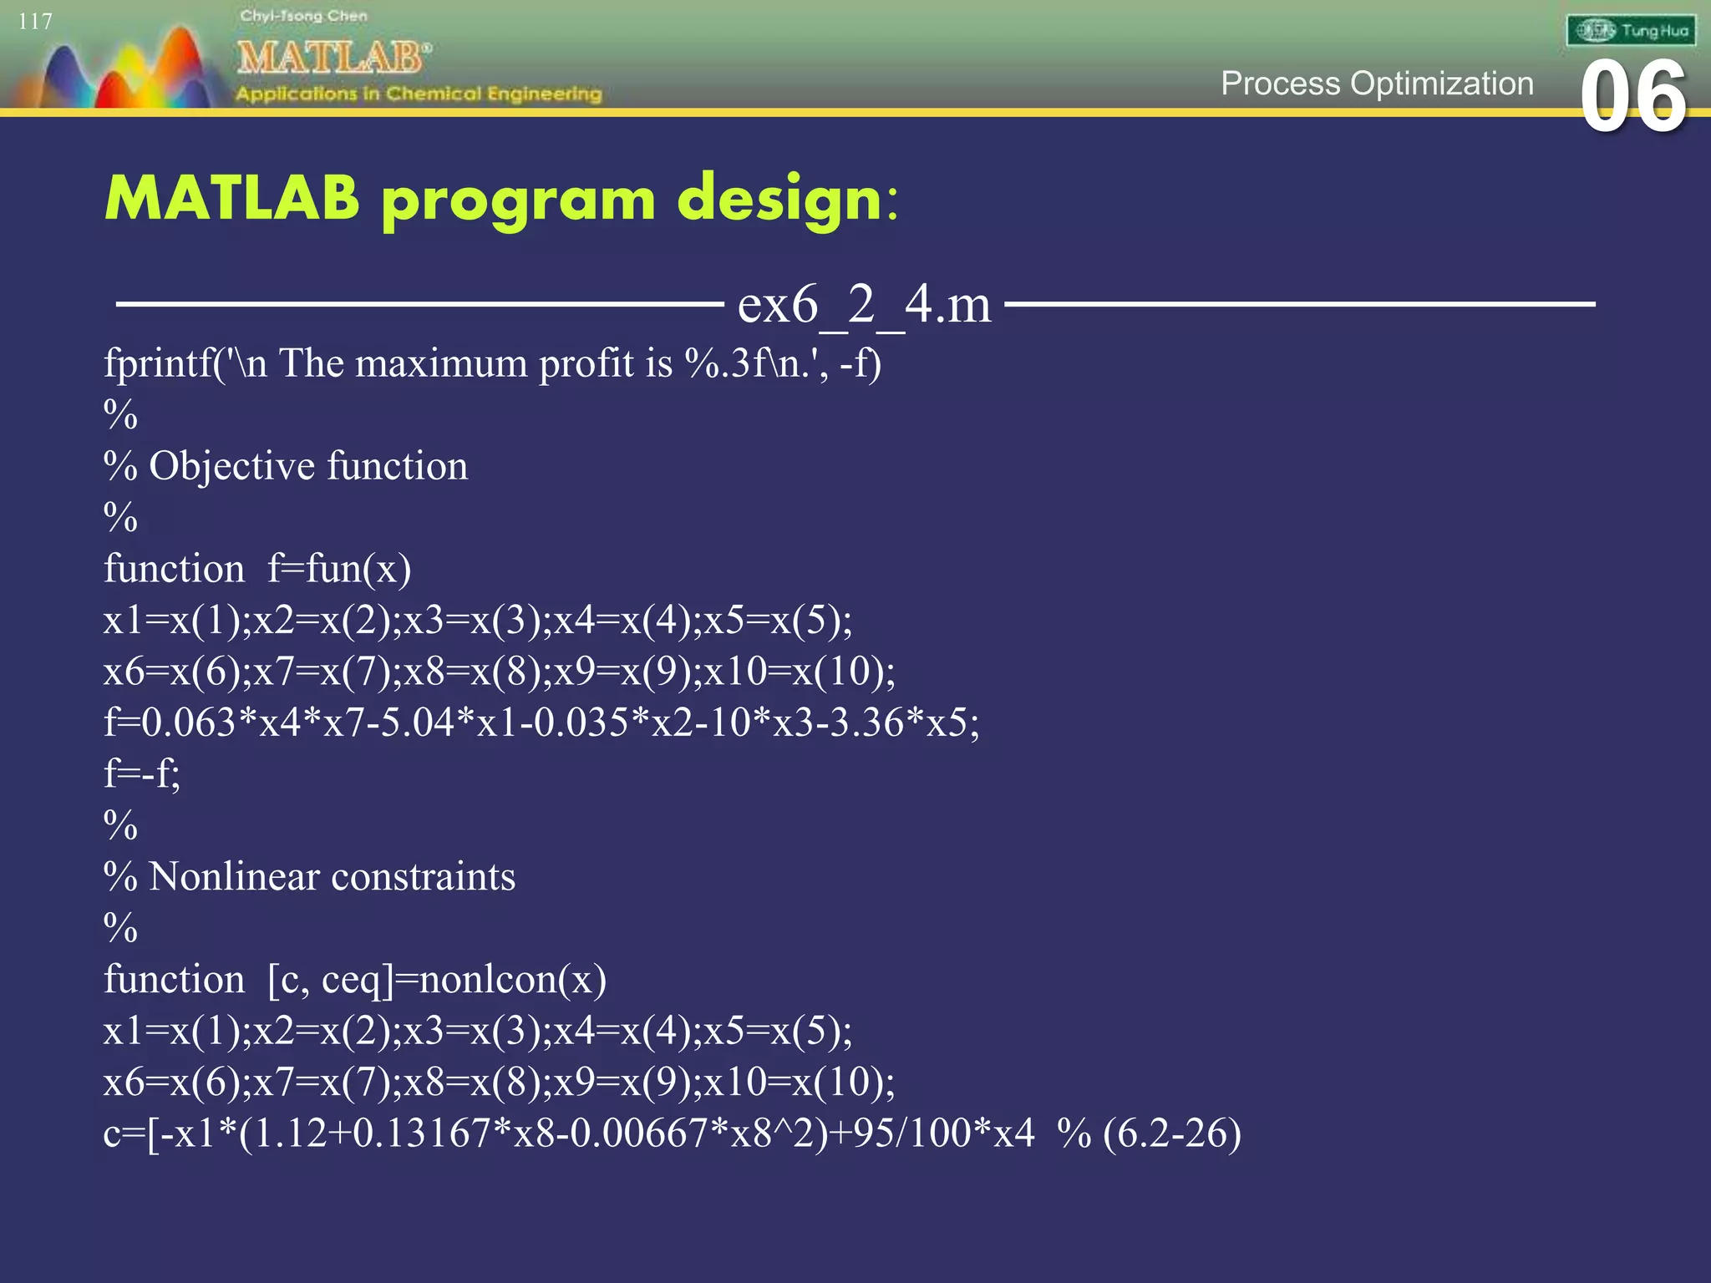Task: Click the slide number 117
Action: (35, 22)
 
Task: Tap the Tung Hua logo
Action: (1630, 31)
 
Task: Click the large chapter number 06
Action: (1633, 97)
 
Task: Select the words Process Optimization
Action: (1377, 84)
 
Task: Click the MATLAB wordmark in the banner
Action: (333, 58)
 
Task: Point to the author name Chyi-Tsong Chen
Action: (303, 16)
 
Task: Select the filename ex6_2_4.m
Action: (864, 304)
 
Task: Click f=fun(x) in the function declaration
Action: (339, 570)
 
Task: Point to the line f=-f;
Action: (141, 774)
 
